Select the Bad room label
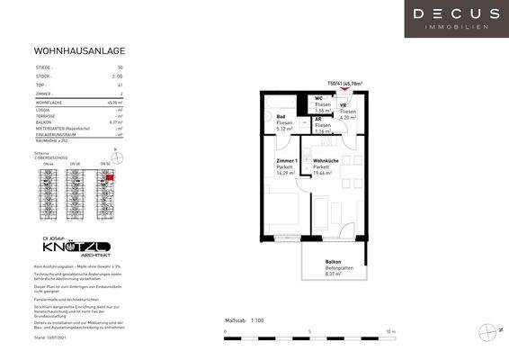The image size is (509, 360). (x=281, y=117)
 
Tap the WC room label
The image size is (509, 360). (x=319, y=98)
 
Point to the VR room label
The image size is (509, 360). (x=343, y=104)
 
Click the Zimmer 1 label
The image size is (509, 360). (x=286, y=159)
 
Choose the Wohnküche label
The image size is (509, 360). (x=327, y=159)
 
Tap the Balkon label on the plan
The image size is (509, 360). (x=335, y=262)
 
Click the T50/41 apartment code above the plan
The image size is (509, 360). (x=344, y=81)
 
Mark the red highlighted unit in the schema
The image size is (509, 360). (x=110, y=179)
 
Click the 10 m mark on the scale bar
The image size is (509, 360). (x=390, y=332)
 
